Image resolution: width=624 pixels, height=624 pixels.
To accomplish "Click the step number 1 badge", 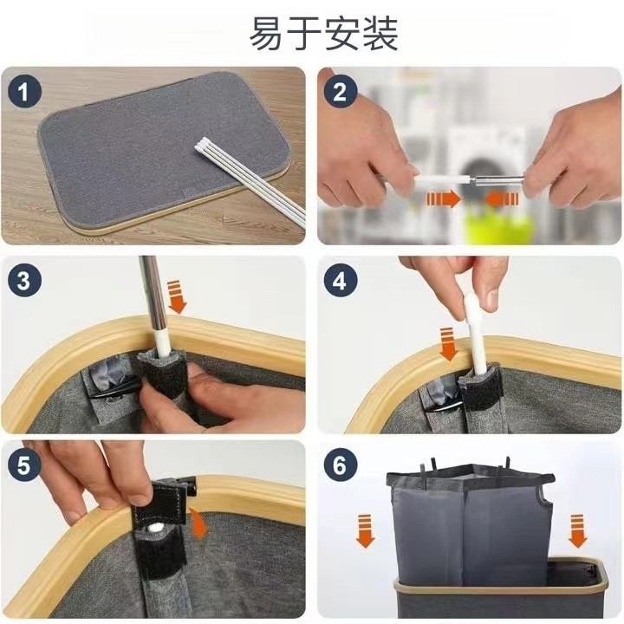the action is (24, 93).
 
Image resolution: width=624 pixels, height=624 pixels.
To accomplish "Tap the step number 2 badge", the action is (340, 93).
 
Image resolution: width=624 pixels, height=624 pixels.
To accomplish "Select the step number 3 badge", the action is (24, 280).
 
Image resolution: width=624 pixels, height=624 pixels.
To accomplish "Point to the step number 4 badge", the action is (340, 280).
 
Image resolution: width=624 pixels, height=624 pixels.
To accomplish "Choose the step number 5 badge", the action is (24, 465).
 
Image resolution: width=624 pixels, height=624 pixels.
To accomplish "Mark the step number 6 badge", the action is (340, 465).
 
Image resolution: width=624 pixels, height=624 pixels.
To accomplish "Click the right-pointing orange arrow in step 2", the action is (444, 198).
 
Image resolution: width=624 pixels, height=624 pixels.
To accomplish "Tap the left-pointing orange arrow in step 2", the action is (502, 198).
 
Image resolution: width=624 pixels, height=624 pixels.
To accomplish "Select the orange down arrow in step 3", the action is (177, 297).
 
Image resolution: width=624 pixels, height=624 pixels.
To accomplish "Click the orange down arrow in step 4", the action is (448, 344).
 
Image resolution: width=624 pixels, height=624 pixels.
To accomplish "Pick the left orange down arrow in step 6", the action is (365, 531).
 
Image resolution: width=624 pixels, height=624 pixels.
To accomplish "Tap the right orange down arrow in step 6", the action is (577, 531).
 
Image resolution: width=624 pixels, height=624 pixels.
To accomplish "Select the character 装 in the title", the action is (380, 34).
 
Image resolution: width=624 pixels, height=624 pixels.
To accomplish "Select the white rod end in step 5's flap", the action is (156, 528).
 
